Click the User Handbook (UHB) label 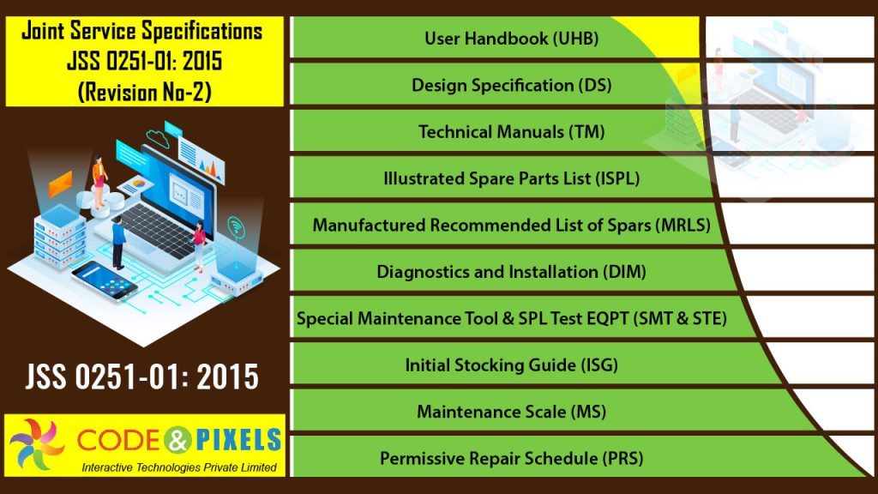tap(511, 39)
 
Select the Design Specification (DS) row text tap(511, 85)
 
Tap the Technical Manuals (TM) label tap(511, 132)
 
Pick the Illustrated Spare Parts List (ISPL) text tap(511, 178)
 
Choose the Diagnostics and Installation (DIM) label tap(511, 272)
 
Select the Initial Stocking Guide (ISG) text tap(511, 365)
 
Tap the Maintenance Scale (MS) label tap(511, 412)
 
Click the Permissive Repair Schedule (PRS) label tap(511, 458)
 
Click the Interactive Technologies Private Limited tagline tap(178, 467)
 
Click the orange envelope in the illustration tap(60, 183)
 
